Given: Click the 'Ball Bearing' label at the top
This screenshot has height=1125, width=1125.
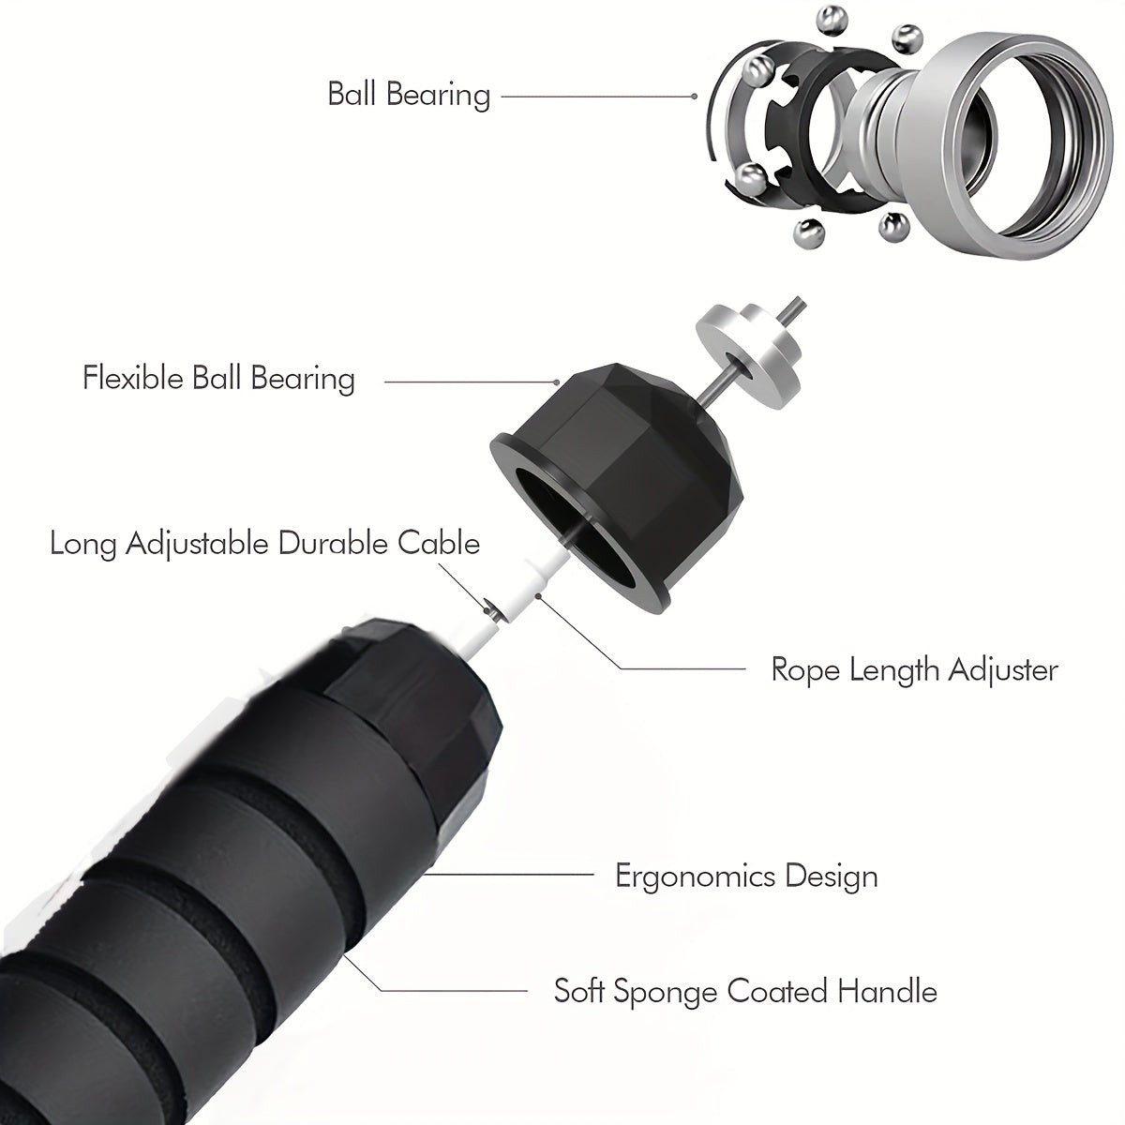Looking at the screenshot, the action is pyautogui.click(x=409, y=95).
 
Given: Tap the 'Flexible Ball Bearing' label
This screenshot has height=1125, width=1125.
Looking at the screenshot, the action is pyautogui.click(x=218, y=379).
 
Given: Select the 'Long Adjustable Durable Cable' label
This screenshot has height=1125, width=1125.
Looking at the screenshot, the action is pyautogui.click(x=264, y=544).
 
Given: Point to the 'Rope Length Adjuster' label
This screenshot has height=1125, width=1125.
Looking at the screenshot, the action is pyautogui.click(x=914, y=670).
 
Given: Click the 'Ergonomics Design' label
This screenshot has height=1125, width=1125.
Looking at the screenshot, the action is pyautogui.click(x=746, y=877).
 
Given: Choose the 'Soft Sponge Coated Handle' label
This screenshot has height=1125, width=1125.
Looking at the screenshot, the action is pyautogui.click(x=745, y=991).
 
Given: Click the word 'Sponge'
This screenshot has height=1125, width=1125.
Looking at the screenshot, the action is pyautogui.click(x=665, y=993).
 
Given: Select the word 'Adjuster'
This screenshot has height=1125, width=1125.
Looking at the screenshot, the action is pyautogui.click(x=1002, y=670).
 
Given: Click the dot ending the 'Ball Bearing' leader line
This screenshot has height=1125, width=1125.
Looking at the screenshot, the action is pyautogui.click(x=694, y=97).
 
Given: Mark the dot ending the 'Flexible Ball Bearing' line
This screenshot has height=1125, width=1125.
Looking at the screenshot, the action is pyautogui.click(x=557, y=382).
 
